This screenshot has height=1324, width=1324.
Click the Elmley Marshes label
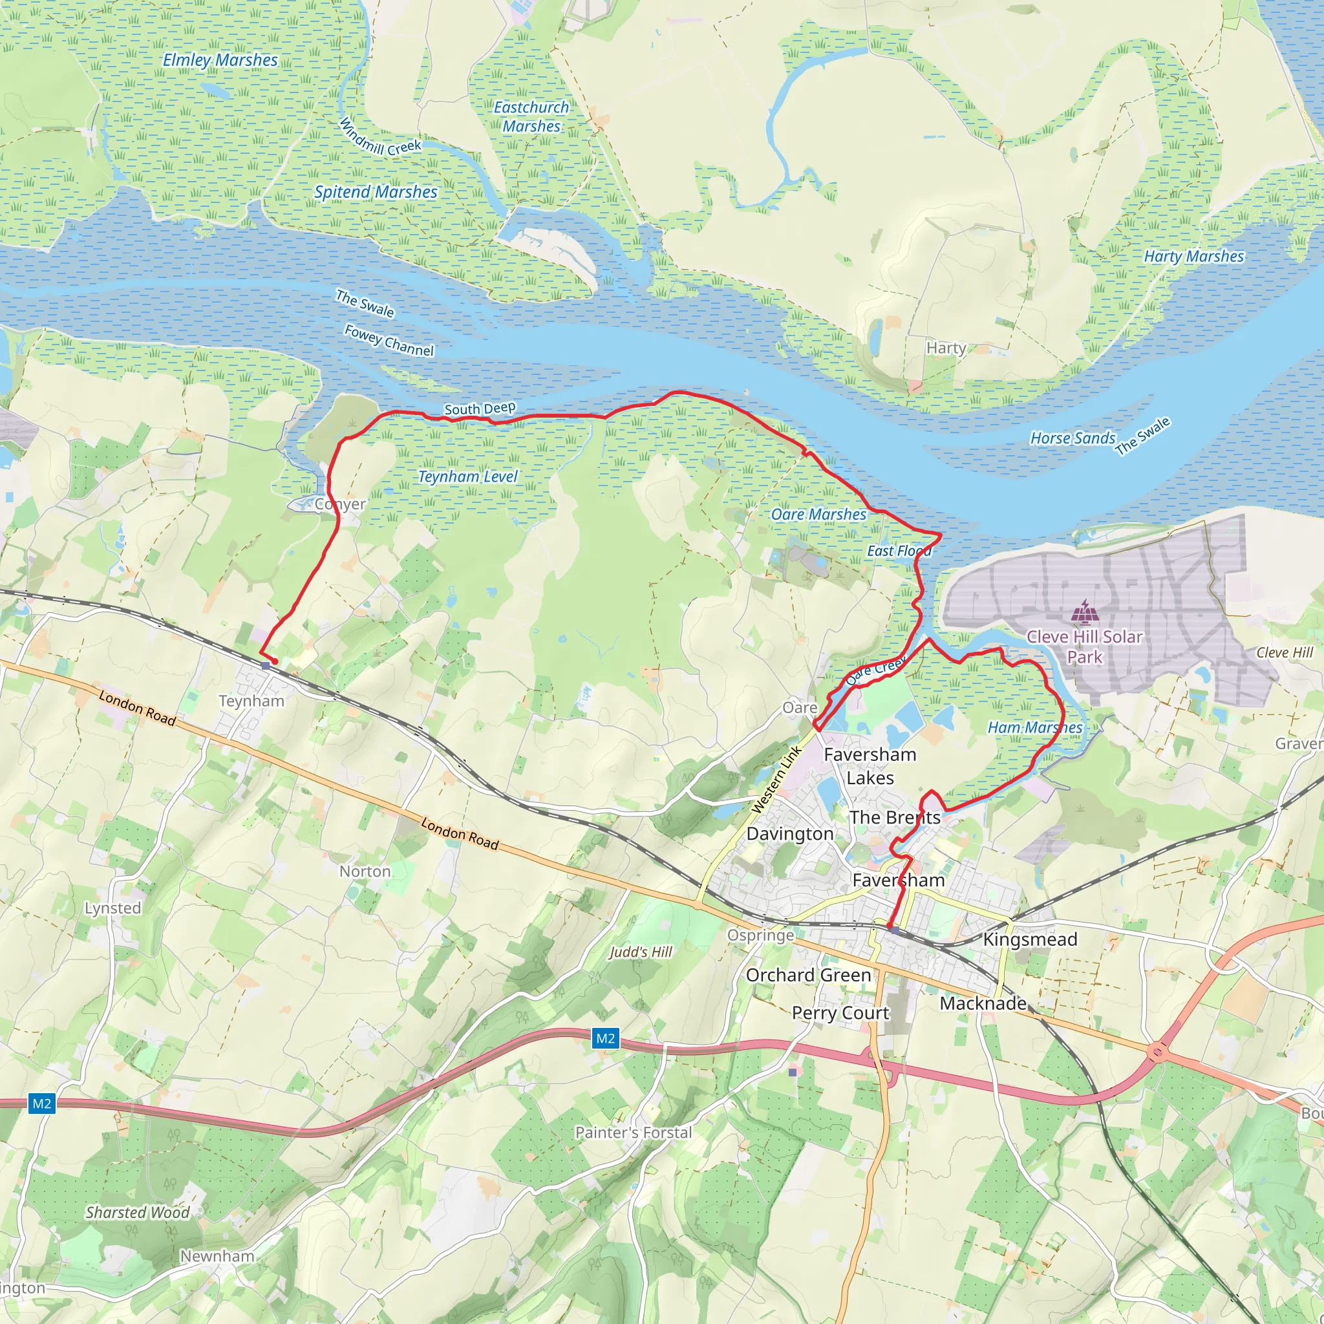point(220,60)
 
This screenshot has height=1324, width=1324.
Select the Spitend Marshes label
point(376,192)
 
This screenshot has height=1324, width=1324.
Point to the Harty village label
point(946,348)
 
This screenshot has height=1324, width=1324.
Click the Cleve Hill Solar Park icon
point(1084,612)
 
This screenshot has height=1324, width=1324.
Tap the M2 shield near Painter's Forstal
point(605,1038)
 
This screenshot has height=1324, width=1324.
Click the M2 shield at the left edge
point(42,1104)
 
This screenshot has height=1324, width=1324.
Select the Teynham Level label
point(468,476)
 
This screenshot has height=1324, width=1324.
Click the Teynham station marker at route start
point(265,665)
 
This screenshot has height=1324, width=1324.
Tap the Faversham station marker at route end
point(895,930)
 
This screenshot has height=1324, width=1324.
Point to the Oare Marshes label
point(818,514)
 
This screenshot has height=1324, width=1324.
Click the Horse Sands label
point(1073,438)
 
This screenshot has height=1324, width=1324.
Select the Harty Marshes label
point(1194,256)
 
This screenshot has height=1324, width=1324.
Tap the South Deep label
point(480,409)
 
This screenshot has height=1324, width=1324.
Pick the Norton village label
point(365,871)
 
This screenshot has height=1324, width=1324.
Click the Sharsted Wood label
point(137,1212)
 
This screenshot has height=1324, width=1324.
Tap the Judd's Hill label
point(641,951)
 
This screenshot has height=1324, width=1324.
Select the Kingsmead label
point(1030,939)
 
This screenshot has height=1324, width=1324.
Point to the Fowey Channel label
point(389,341)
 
